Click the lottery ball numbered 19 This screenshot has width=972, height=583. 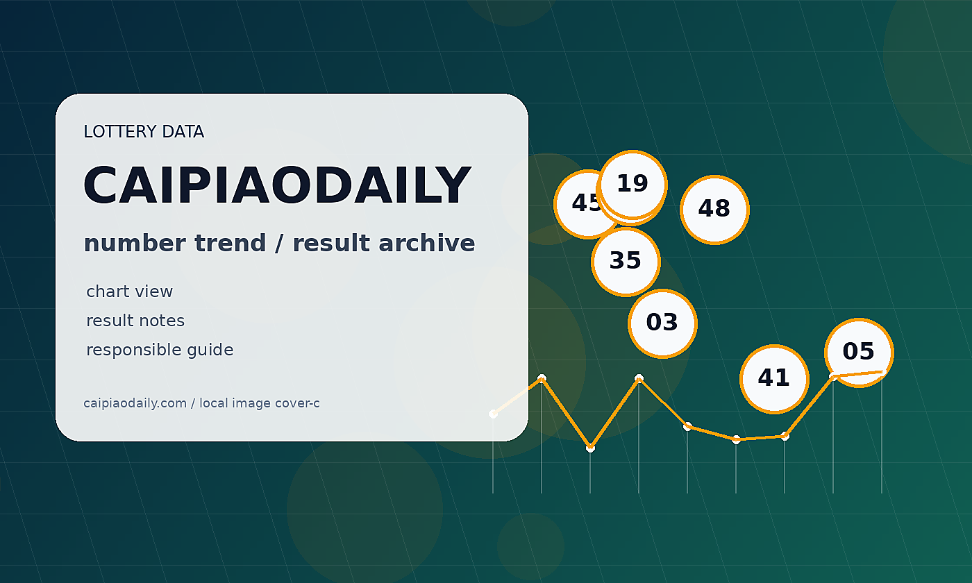632,185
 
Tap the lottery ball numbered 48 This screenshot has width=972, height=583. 714,210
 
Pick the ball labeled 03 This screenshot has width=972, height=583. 662,323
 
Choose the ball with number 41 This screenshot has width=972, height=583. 774,379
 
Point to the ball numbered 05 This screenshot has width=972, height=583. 859,353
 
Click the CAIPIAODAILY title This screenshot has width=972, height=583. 277,185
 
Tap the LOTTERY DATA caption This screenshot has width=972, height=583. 144,131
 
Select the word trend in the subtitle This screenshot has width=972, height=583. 230,243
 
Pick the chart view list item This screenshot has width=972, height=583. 129,291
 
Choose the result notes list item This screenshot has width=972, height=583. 135,321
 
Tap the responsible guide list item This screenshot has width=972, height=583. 160,350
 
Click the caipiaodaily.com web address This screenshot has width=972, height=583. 135,403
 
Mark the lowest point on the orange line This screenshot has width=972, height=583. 590,448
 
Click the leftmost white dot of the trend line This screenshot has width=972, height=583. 493,414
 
